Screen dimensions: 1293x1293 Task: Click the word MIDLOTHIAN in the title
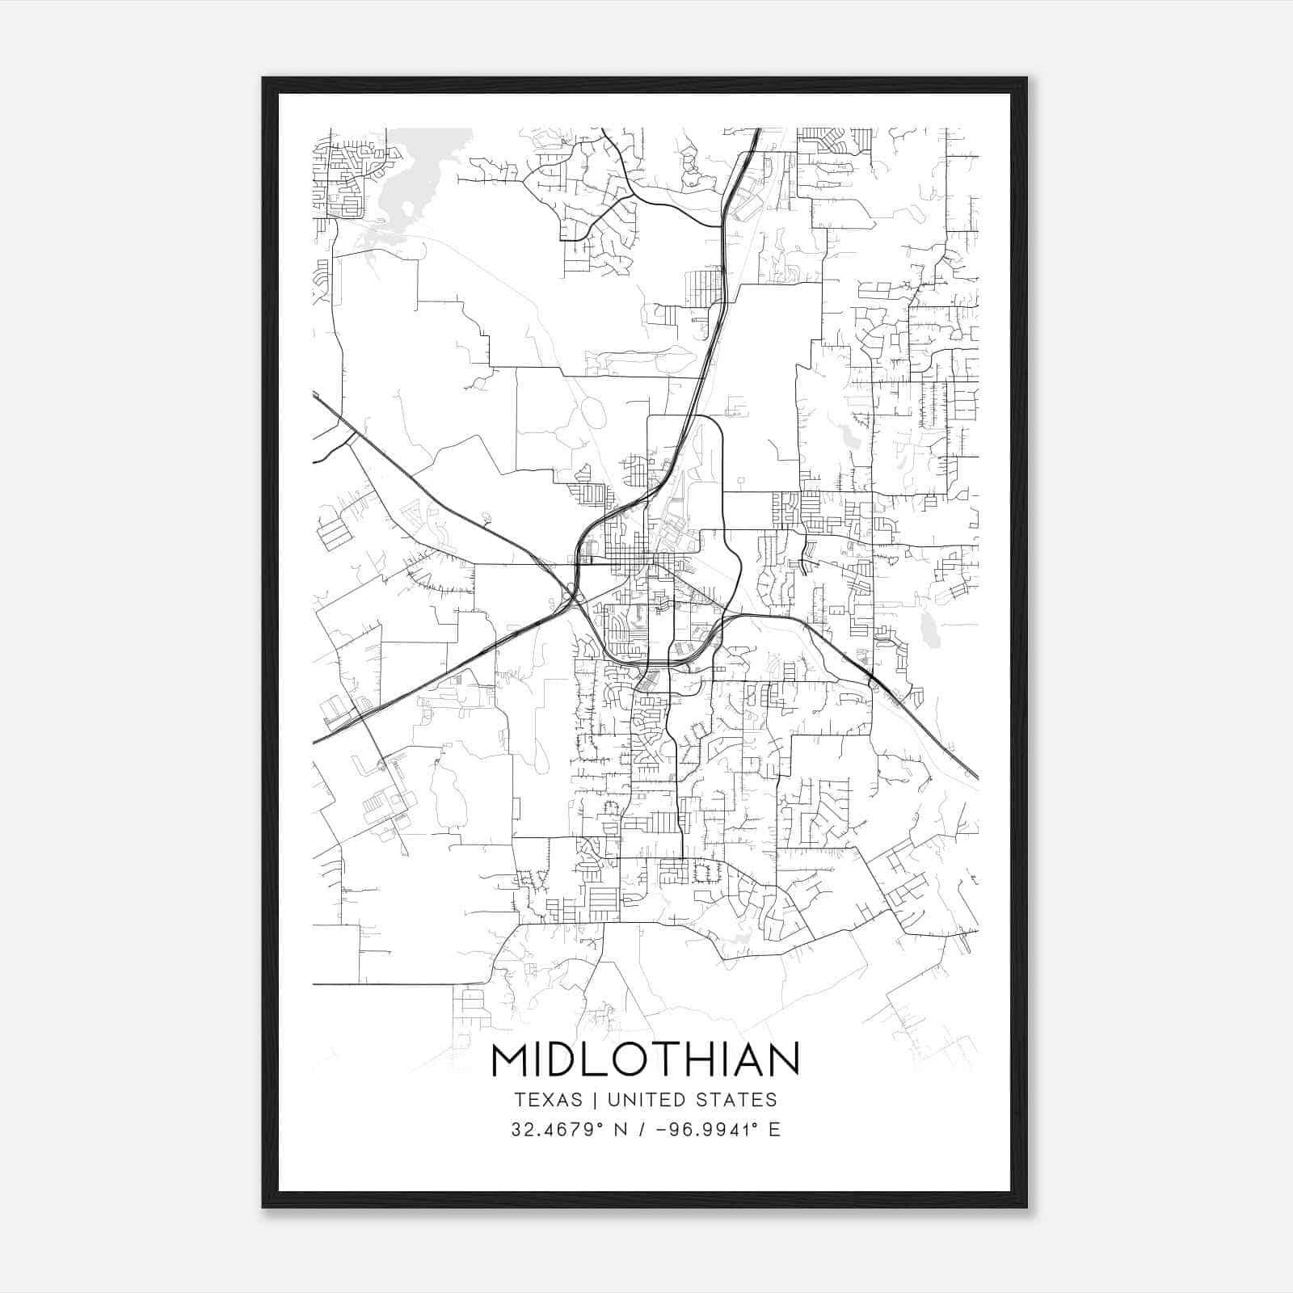(645, 1059)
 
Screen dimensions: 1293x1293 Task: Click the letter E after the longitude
(775, 1129)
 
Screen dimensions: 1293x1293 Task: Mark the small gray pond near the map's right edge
(929, 631)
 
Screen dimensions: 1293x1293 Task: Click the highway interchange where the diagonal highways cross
(573, 596)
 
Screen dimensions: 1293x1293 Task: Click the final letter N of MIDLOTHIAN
(783, 1059)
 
